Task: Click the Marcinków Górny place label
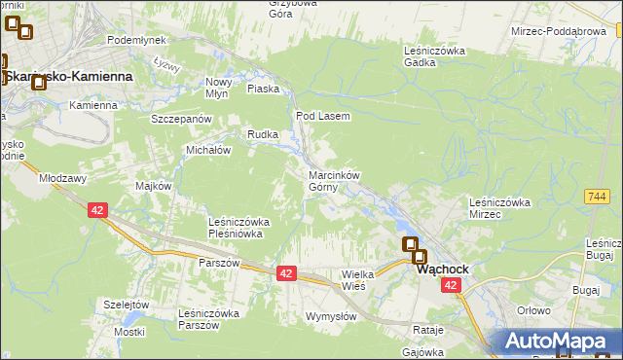click(335, 181)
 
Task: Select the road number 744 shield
click(597, 197)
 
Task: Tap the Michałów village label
click(207, 151)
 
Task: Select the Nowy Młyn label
click(217, 88)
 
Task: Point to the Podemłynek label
click(137, 40)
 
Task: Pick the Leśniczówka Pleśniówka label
click(239, 228)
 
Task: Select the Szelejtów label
click(126, 305)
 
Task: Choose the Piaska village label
click(264, 89)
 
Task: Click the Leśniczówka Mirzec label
click(498, 207)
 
